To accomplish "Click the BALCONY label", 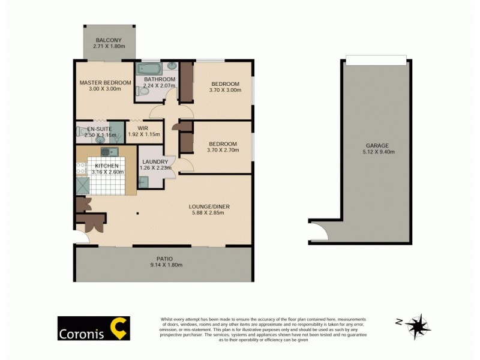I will (108, 40).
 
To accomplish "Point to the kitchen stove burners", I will (81, 170).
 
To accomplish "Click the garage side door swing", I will (320, 231).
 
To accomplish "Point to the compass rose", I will (418, 326).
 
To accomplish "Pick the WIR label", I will (143, 128).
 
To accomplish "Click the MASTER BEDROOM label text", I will (105, 83).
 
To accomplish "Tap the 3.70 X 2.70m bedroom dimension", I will (223, 151).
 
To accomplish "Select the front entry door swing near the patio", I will (83, 238).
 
